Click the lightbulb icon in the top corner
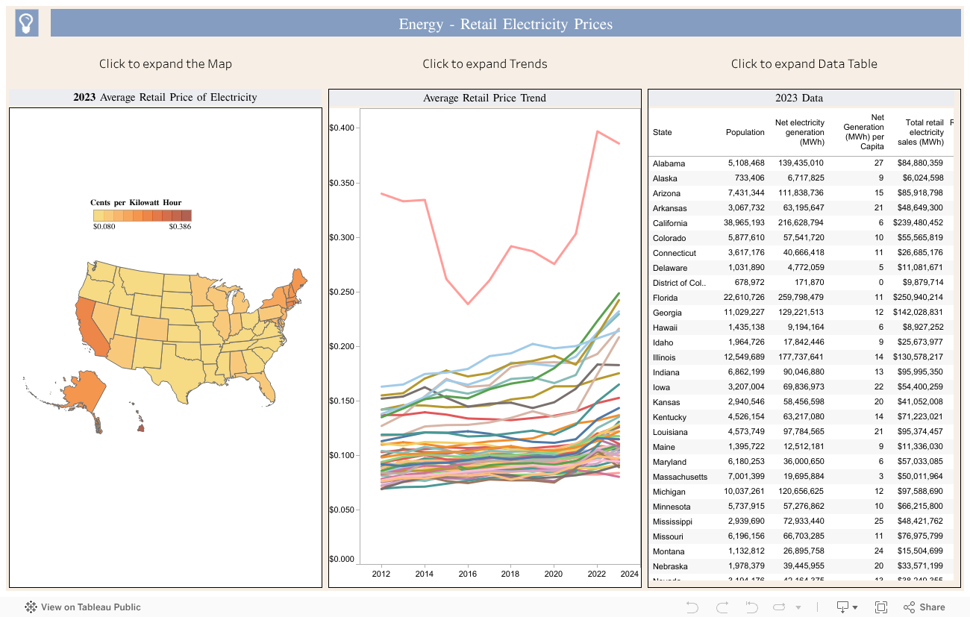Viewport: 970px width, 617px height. point(27,23)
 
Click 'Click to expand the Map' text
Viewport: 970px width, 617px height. point(165,63)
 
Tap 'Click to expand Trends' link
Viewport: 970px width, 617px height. point(484,63)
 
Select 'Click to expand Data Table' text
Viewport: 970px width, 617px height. point(804,63)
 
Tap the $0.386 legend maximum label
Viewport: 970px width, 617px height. point(180,226)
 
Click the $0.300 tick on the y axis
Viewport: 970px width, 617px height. point(341,238)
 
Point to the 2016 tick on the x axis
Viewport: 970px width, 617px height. point(468,573)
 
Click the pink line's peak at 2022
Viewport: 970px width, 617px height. point(598,131)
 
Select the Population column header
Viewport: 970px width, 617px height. point(745,132)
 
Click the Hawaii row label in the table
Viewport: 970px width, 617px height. point(665,328)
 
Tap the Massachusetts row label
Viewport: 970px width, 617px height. point(680,477)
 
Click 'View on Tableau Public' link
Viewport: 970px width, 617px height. point(90,607)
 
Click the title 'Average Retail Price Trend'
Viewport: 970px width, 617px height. point(484,98)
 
